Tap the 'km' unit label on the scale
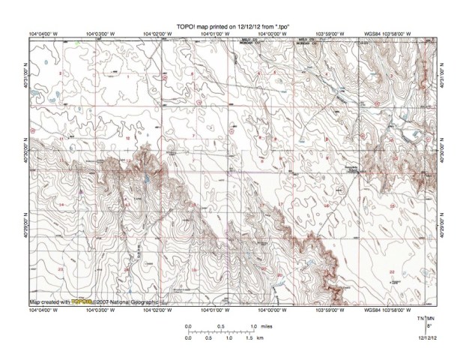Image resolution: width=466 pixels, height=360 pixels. coord(259,338)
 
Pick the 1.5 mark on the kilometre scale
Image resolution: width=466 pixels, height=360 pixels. coord(246,338)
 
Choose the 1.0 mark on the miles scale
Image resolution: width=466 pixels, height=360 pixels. coord(254,326)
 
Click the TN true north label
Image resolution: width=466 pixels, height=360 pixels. coord(420,319)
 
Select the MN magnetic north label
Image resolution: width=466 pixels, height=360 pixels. coord(429,319)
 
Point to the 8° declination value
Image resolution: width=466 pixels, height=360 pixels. coord(427,327)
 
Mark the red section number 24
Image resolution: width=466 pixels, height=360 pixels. coord(127,268)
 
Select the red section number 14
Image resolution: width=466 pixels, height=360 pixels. coord(60,204)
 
